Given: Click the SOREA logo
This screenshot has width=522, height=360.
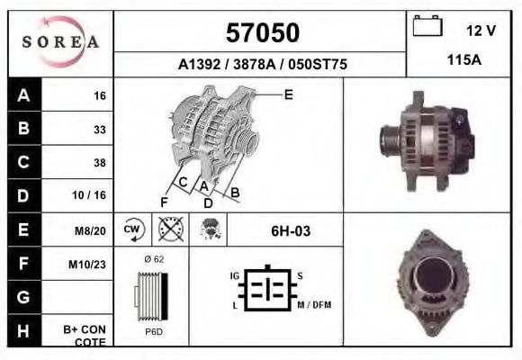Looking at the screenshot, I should (x=60, y=42).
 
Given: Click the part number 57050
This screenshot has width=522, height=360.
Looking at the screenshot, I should (x=262, y=33).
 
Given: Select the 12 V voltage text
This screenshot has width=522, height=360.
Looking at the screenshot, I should (x=481, y=31).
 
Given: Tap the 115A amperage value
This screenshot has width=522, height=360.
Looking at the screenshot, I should (x=463, y=60).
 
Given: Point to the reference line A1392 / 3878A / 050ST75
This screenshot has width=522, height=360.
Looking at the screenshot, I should (x=262, y=66).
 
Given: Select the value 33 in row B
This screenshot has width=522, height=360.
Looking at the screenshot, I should (x=99, y=129).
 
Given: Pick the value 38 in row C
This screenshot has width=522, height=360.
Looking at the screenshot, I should (x=99, y=163).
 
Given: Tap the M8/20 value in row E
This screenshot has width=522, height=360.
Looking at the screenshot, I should (x=91, y=230).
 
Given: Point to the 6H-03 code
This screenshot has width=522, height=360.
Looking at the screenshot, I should (x=291, y=231).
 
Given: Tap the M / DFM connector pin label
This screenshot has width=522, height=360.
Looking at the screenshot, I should (x=313, y=305).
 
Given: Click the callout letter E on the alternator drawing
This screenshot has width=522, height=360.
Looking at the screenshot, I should (x=288, y=94).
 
